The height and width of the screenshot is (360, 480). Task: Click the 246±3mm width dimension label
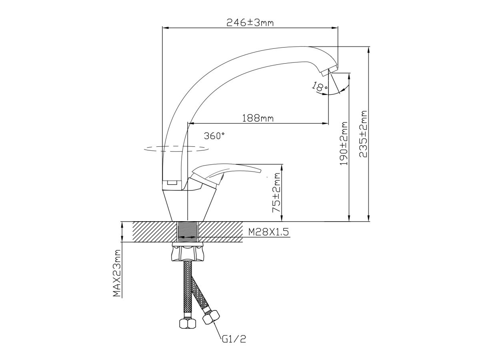[x=250, y=22]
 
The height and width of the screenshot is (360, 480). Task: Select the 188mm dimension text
[x=258, y=118]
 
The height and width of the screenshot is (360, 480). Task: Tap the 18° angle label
[x=320, y=86]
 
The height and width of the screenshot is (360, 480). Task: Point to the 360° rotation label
[x=214, y=136]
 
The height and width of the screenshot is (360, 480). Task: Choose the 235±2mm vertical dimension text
[x=363, y=134]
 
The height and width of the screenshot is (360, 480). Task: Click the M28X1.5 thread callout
[x=268, y=232]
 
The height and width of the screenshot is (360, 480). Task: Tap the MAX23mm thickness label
[x=117, y=273]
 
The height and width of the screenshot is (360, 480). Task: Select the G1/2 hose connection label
[x=234, y=345]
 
